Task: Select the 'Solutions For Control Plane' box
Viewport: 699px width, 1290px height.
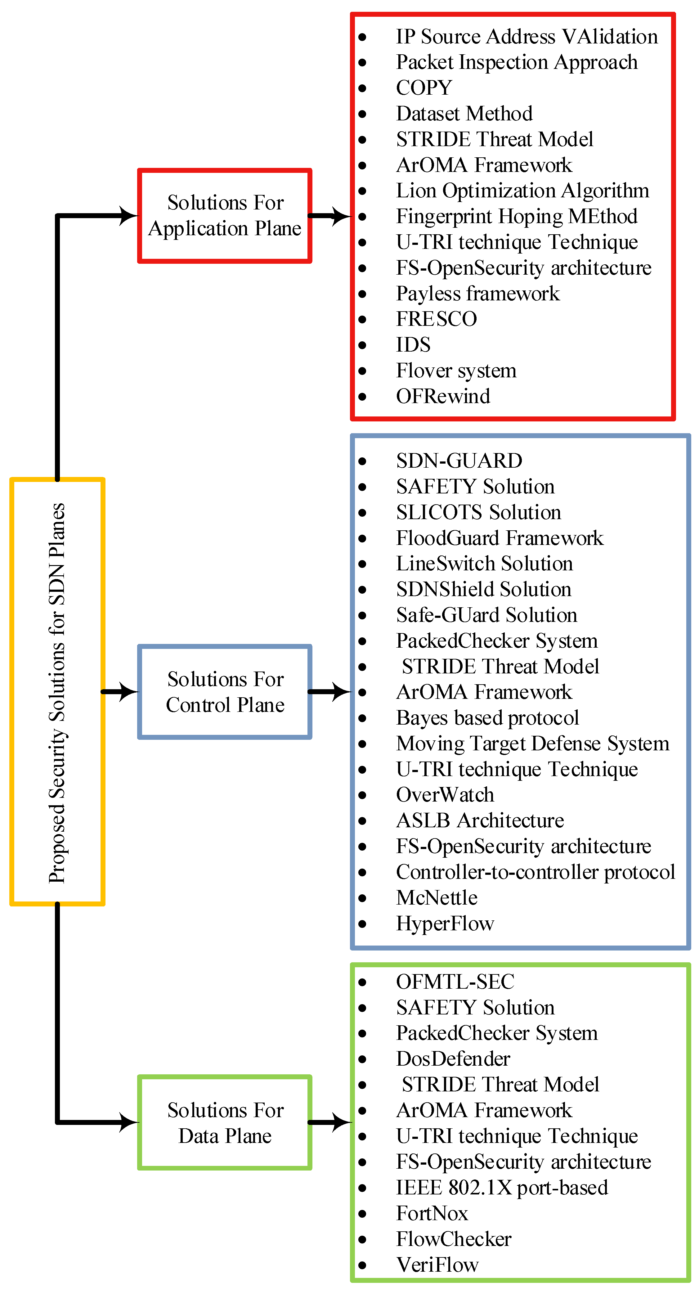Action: [x=225, y=692]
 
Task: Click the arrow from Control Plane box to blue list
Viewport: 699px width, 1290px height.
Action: [x=330, y=692]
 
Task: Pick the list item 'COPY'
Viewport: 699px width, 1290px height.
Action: [x=423, y=88]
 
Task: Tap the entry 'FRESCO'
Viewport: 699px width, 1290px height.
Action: [x=436, y=319]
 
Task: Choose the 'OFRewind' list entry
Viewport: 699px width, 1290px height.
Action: [x=443, y=396]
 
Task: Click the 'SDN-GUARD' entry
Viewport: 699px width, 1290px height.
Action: [x=459, y=461]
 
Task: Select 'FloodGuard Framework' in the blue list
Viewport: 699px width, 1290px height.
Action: [x=499, y=538]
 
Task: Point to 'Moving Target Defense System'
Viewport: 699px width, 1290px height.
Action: [x=532, y=744]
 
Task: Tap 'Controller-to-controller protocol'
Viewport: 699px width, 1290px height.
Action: [x=535, y=872]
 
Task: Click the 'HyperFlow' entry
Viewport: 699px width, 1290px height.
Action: [x=445, y=924]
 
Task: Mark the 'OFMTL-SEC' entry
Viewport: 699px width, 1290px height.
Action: [x=455, y=982]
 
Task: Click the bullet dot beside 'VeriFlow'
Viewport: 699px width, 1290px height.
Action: [x=362, y=1265]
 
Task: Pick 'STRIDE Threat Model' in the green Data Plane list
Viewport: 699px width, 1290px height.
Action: [x=500, y=1085]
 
